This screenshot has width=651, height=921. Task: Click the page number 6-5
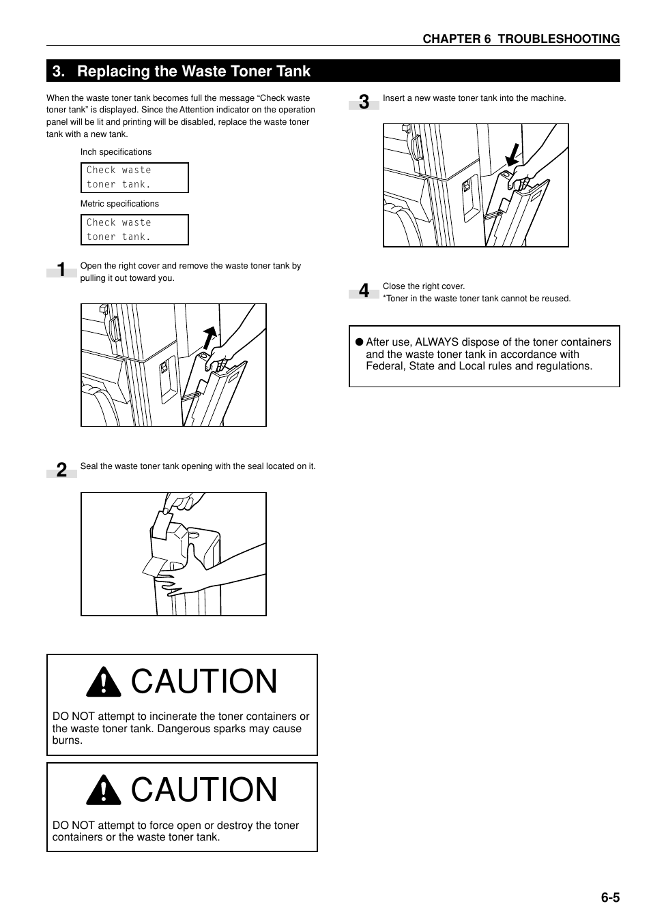click(x=609, y=897)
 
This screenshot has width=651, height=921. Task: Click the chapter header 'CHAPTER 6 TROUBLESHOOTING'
click(x=521, y=39)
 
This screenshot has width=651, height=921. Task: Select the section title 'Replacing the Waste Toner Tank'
click(x=193, y=72)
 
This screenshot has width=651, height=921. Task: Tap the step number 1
click(x=61, y=270)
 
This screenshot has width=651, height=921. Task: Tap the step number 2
click(x=61, y=470)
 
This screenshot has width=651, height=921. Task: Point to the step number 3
click(x=364, y=102)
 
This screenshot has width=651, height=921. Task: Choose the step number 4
click(x=364, y=291)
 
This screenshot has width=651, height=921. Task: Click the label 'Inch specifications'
click(x=115, y=152)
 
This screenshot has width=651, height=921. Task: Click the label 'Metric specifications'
click(x=119, y=204)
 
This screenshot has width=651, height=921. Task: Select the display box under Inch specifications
click(x=134, y=177)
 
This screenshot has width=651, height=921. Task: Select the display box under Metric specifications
click(x=134, y=230)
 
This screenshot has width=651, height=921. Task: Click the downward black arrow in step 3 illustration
click(x=512, y=155)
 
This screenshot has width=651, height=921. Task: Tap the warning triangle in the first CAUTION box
click(x=104, y=682)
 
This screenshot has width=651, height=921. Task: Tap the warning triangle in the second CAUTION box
click(x=104, y=790)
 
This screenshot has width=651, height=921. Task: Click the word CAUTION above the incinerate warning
click(x=204, y=682)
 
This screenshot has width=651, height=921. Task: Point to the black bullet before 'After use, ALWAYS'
click(x=358, y=342)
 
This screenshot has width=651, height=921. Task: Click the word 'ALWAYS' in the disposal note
click(x=437, y=342)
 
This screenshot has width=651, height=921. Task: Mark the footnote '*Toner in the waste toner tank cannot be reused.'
click(x=476, y=299)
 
